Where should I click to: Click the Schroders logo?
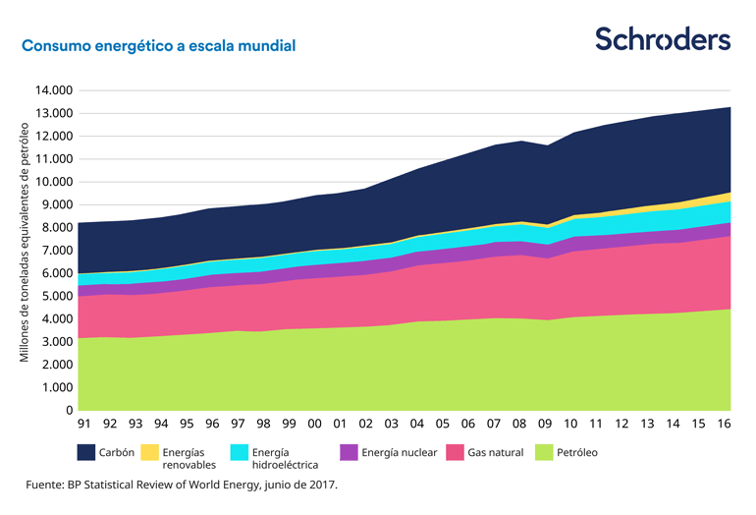click(663, 39)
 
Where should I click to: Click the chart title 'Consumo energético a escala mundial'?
click(158, 46)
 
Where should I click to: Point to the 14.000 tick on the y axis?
click(54, 90)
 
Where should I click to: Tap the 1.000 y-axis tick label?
click(57, 387)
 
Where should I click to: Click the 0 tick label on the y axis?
click(69, 411)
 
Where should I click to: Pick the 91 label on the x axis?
click(84, 425)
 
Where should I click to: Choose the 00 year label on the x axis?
click(314, 425)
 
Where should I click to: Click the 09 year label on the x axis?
click(545, 425)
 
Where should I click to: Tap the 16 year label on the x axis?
click(724, 425)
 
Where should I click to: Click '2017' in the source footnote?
click(323, 485)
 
